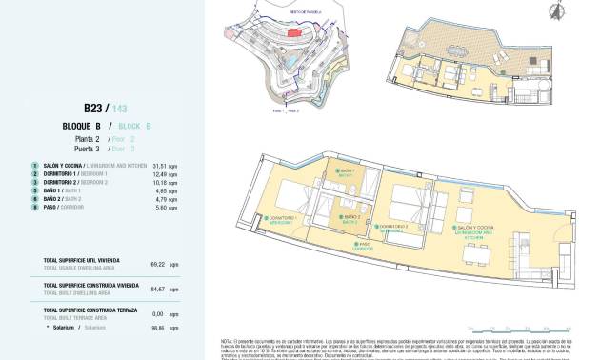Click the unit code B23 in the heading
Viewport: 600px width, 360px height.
(93, 109)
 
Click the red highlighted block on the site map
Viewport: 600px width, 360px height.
(295, 34)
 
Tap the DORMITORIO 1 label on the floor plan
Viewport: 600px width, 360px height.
(284, 220)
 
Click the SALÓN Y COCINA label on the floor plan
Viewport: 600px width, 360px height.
(475, 229)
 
